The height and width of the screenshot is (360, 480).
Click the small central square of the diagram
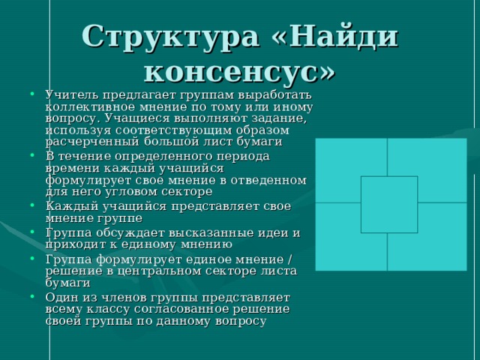click(388, 204)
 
